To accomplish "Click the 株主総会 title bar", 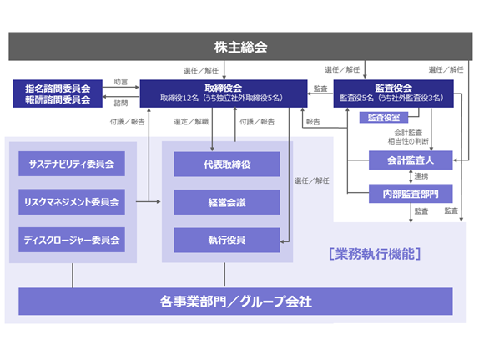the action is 240,47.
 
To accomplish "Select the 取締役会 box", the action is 224,94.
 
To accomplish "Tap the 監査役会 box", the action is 394,94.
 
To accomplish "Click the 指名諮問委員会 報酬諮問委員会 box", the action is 58,94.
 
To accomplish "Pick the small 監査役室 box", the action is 384,118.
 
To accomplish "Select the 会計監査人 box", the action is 411,160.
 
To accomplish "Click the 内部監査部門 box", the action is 411,194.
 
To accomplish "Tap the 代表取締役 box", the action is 227,165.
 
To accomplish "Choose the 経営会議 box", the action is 227,202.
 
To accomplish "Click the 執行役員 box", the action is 227,240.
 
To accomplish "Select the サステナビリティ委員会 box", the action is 72,164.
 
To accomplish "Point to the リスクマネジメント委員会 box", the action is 72,202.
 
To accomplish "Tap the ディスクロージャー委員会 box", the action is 72,240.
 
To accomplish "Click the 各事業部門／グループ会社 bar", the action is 235,302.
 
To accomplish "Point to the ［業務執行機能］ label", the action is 375,254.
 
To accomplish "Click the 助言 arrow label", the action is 121,82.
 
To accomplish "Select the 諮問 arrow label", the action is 121,104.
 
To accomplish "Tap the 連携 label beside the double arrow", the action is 421,176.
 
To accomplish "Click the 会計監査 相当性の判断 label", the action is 408,137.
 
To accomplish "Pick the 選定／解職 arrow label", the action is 191,122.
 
